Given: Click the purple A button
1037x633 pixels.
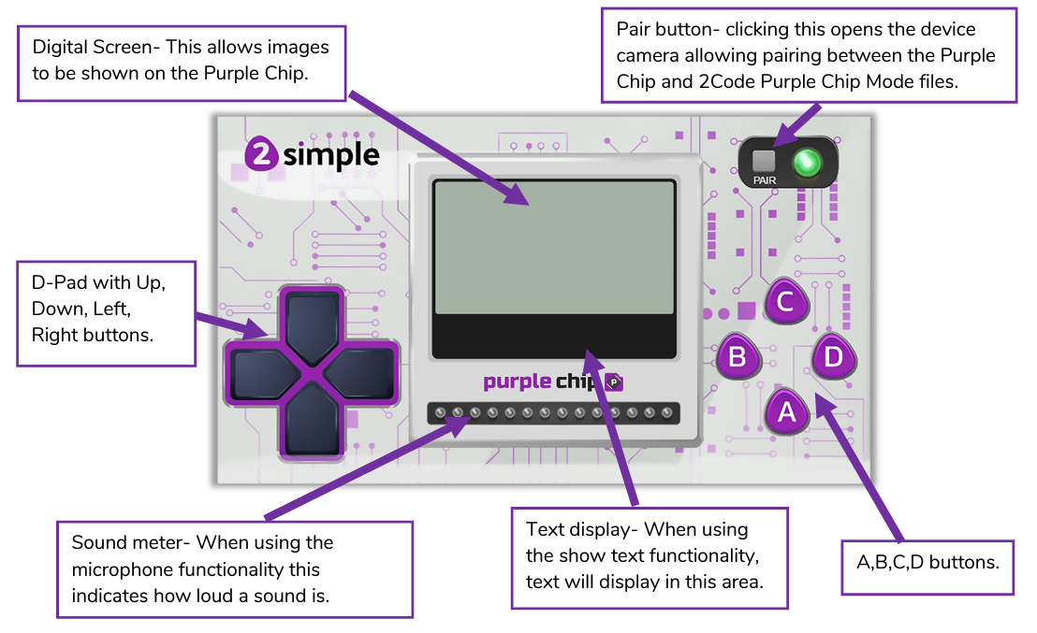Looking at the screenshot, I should coord(787,411).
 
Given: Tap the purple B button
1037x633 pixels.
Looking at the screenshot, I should coord(738,356).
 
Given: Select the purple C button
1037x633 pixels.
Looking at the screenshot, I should coord(786,302).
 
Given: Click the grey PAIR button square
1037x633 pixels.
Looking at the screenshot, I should coord(765,160).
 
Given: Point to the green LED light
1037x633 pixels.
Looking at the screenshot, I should coord(806,163).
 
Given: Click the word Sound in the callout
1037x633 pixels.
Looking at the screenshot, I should coord(99,542).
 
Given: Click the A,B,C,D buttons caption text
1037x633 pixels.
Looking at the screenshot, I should coord(927,564).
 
